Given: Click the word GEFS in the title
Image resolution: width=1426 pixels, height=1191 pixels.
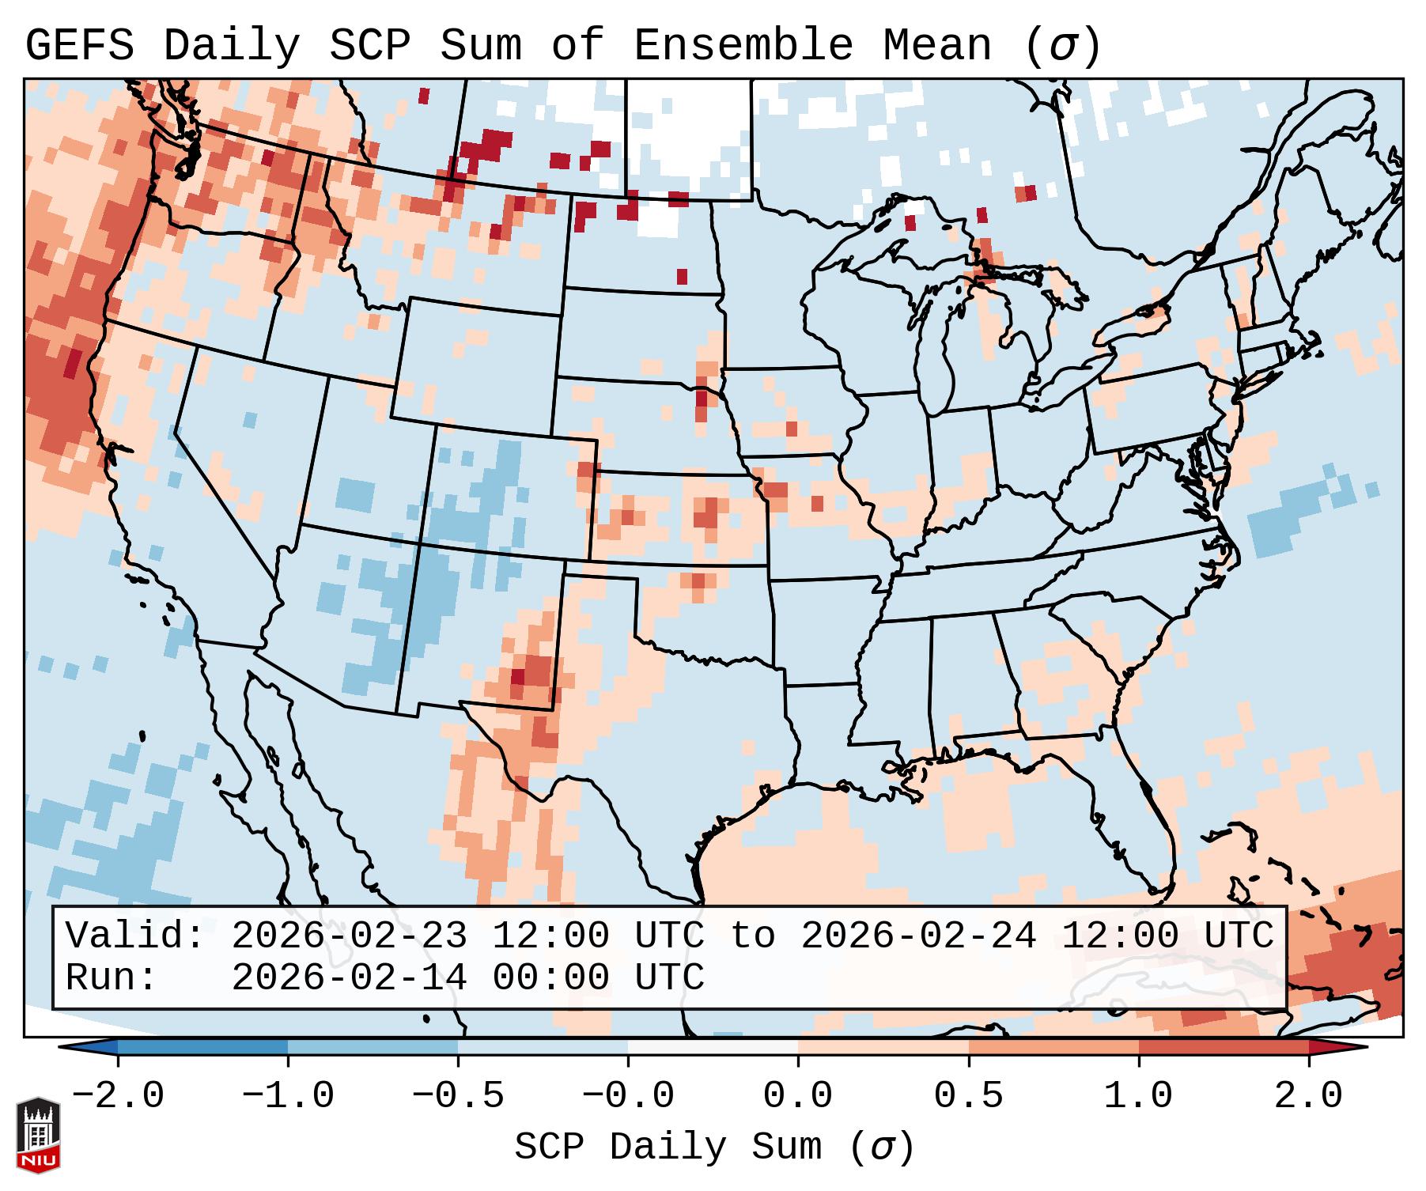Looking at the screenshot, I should (x=80, y=46).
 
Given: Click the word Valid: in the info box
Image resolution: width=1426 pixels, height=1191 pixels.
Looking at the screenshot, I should (x=135, y=936).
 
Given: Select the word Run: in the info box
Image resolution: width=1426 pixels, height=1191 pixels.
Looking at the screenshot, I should (x=112, y=978).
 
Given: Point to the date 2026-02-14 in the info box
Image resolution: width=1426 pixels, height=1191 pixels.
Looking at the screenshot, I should (x=349, y=978).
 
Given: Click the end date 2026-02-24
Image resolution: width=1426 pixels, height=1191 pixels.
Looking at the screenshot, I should (x=918, y=936).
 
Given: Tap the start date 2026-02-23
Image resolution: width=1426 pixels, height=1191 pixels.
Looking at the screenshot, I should (x=349, y=936).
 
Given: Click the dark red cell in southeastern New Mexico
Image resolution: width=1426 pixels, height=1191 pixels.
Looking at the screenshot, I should (x=517, y=677).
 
